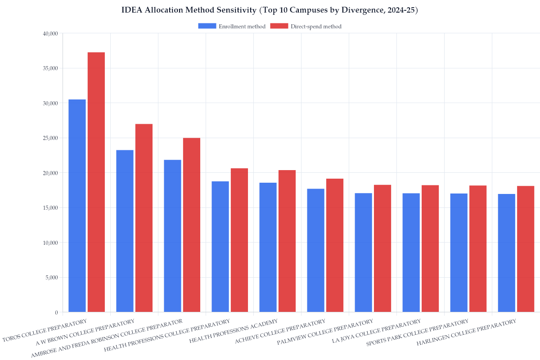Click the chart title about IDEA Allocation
coord(270,10)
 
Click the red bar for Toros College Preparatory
coord(96,182)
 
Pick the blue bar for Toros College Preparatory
coord(77,206)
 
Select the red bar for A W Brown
coord(144,218)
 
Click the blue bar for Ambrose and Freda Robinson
coord(172,236)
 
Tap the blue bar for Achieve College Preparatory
coord(315,250)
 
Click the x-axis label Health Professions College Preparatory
coord(167,336)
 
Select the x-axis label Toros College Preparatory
coord(45,331)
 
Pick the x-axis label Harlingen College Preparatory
coord(466,333)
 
